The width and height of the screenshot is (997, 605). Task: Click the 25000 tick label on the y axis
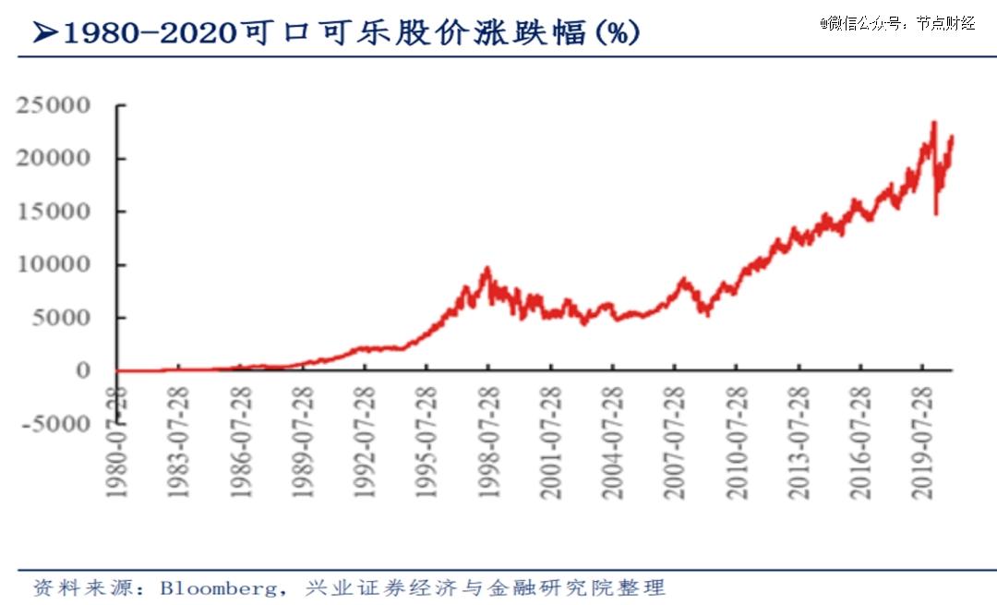[x=52, y=105]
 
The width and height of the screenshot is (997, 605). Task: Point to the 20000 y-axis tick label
[x=52, y=158]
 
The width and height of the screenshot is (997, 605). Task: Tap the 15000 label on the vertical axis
[x=52, y=212]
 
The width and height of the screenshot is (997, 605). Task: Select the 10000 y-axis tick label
[x=52, y=264]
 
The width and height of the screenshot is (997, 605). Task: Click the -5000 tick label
[x=52, y=424]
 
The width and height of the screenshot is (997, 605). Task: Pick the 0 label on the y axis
[x=82, y=370]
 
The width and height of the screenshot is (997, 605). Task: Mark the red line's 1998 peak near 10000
[x=487, y=269]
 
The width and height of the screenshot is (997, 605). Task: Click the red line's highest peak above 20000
[x=934, y=123]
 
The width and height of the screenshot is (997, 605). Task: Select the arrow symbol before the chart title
[x=44, y=34]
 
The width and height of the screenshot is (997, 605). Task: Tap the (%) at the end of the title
[x=617, y=34]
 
